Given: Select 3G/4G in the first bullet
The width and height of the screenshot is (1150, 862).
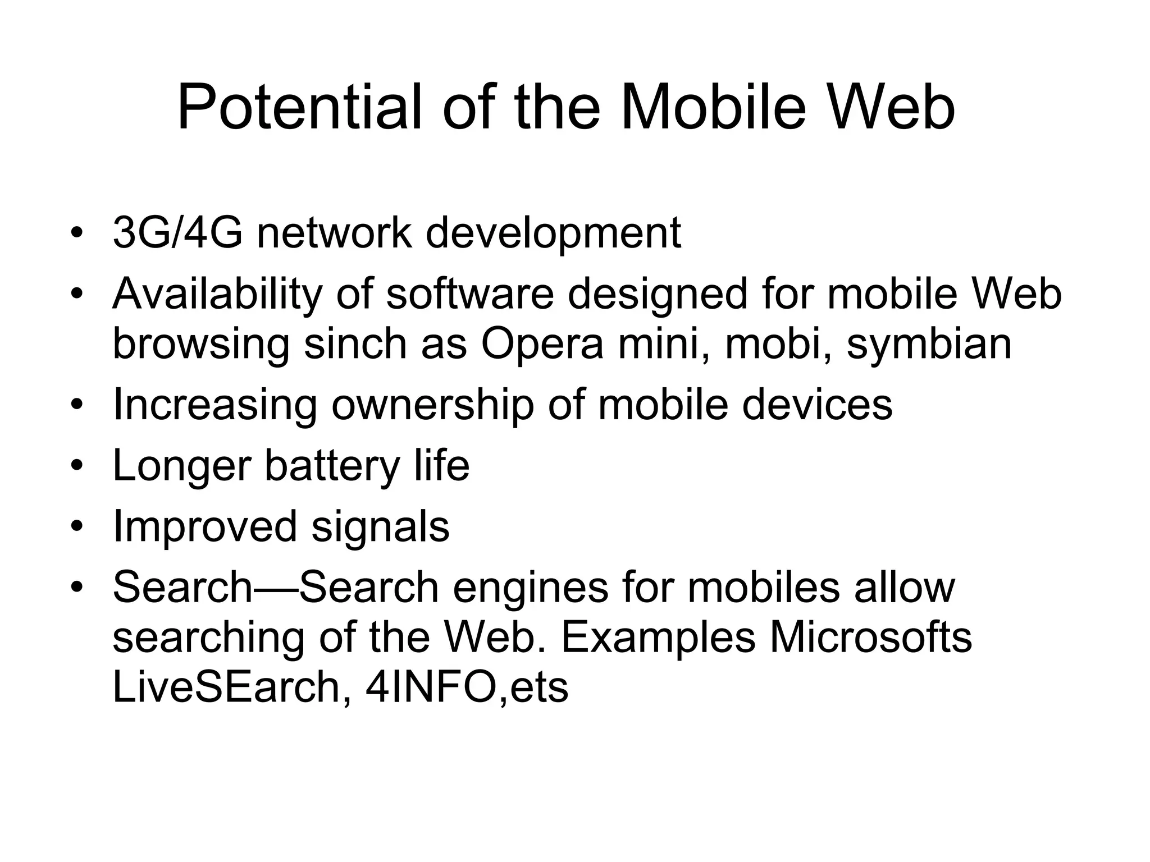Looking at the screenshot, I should coord(177,232).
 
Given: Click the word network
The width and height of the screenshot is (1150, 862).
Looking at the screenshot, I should coord(334,232).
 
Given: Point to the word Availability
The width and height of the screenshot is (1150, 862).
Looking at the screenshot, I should coord(218,295).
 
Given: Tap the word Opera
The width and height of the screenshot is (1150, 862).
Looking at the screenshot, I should coord(542,345).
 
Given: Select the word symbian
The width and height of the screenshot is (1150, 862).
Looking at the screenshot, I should coord(929,345).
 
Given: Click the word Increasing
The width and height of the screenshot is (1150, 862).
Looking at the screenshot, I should coord(215,405).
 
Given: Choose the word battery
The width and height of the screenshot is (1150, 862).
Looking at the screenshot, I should coord(332,466).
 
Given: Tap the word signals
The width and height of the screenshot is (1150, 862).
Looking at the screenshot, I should coord(380,526).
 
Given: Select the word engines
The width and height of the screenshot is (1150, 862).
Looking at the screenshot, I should coord(531,588).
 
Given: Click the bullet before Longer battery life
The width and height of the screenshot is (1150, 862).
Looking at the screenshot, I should coord(77,466).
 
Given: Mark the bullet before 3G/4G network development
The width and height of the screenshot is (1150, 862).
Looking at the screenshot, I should coord(77,232).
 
